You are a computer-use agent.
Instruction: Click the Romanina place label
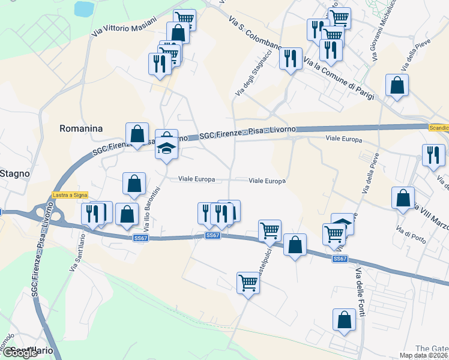(81, 128)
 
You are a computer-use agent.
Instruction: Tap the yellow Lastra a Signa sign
(70, 194)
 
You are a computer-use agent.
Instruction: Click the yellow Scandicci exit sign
(439, 127)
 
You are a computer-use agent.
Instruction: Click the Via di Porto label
(410, 229)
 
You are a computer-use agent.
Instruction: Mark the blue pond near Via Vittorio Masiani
(83, 8)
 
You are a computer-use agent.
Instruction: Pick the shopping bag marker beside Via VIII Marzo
(403, 197)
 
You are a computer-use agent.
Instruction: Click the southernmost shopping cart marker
(248, 282)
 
